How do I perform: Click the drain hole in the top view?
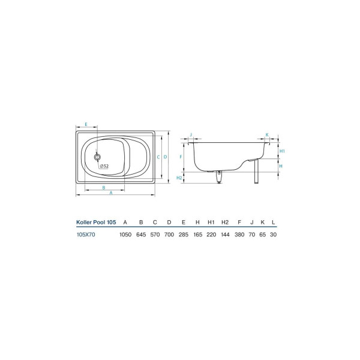coord(97,157)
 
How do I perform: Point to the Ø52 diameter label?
coord(104,166)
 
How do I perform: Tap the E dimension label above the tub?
coord(86,124)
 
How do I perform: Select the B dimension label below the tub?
coord(104,188)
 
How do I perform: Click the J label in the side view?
coord(191,135)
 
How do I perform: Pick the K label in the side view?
coord(267,135)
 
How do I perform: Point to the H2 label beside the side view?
coord(179,178)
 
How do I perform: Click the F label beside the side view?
coord(181,157)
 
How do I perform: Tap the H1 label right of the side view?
coord(282,151)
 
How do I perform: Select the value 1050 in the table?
coord(125,235)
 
